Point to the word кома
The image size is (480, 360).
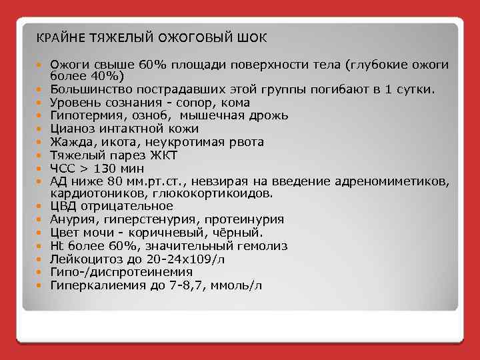tap(238, 103)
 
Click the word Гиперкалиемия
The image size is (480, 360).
tap(93, 285)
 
